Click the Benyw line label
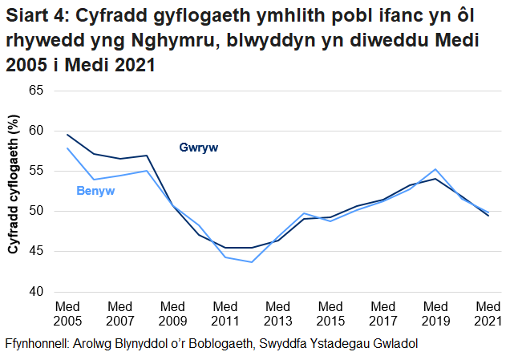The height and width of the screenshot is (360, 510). tap(95, 191)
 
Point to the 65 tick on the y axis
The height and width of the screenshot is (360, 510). tap(35, 90)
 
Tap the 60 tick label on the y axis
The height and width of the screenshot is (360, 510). tap(35, 131)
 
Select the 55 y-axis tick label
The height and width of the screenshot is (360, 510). tap(35, 171)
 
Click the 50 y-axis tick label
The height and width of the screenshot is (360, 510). tap(35, 211)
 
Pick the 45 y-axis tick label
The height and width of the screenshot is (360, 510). tap(35, 252)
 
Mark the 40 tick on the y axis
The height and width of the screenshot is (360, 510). tap(35, 292)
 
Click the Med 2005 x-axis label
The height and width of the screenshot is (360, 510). tap(67, 313)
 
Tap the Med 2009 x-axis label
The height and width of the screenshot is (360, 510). tap(172, 313)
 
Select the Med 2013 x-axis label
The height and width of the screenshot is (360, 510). tap(277, 313)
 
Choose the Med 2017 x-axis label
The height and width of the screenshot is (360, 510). tap(382, 313)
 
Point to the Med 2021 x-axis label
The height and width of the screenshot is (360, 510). tap(488, 313)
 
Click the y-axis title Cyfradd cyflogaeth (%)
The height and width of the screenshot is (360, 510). tap(14, 185)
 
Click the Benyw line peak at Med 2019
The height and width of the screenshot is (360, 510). tap(435, 169)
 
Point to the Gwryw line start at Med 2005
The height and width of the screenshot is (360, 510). tap(67, 135)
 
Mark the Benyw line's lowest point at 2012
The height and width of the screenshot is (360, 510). tap(251, 262)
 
